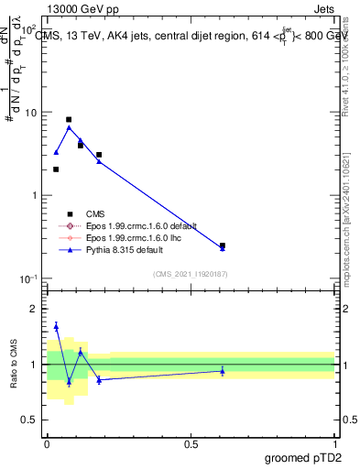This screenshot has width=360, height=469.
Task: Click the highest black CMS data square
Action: (69, 119)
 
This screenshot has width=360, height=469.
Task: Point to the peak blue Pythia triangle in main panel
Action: (69, 127)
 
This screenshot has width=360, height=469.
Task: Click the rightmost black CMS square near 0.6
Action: (223, 245)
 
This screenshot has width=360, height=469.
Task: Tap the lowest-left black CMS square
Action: (56, 169)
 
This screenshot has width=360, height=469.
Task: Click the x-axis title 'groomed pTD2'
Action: (302, 457)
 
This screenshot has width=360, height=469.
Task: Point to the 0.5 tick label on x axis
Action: (191, 443)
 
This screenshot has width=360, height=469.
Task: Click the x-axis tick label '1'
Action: (334, 443)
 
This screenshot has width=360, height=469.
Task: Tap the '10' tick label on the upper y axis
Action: (30, 113)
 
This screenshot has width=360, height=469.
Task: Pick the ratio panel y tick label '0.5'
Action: (30, 420)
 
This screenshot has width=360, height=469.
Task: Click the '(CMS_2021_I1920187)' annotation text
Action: (191, 273)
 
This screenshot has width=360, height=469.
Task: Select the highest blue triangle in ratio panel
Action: (56, 325)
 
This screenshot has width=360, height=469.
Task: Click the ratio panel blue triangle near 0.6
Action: (223, 370)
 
